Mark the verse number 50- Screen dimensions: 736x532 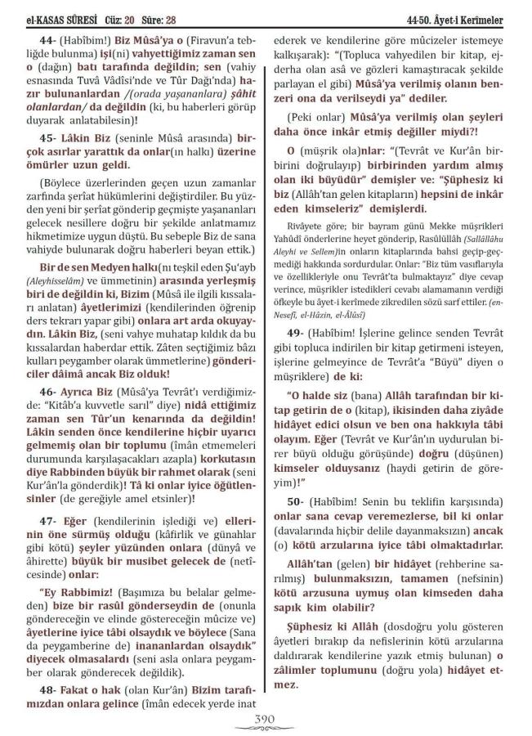point(295,500)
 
